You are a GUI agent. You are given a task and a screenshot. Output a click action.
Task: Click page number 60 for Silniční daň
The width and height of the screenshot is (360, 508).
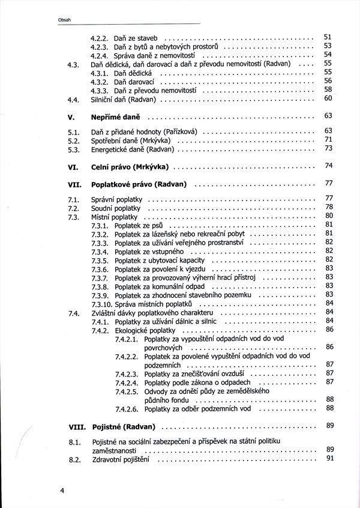(x=328, y=98)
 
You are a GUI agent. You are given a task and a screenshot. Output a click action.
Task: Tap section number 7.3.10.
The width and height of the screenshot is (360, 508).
(x=101, y=304)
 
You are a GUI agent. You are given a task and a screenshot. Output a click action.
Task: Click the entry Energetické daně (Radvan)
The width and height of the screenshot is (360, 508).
(x=132, y=148)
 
